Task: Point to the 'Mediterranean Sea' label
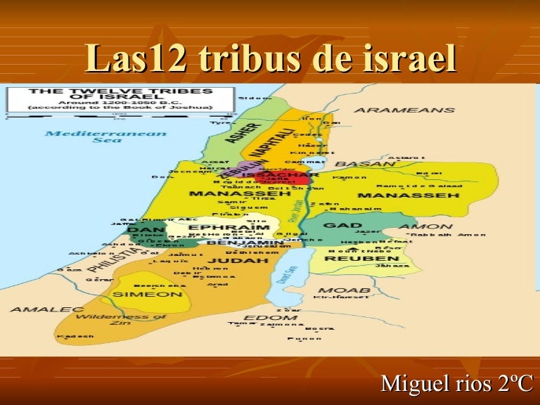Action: (x=105, y=136)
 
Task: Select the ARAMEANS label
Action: (x=404, y=110)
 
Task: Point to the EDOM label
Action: (x=260, y=319)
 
